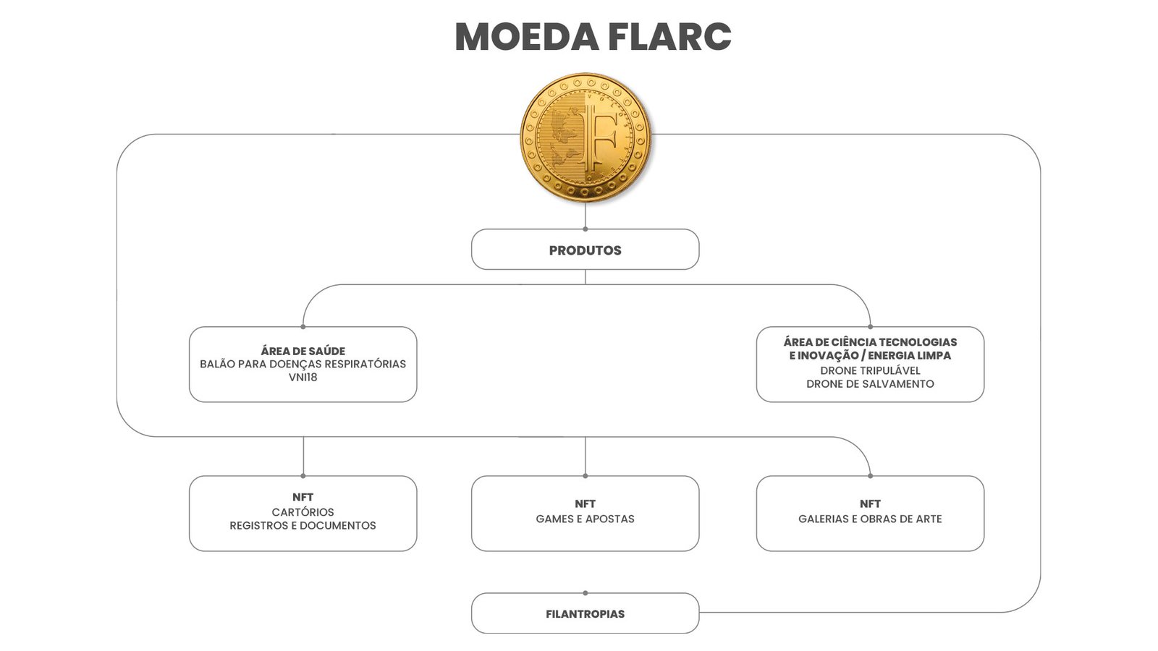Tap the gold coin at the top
pyautogui.click(x=586, y=137)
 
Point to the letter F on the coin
pyautogui.click(x=599, y=137)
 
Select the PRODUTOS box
pyautogui.click(x=585, y=250)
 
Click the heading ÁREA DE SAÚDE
pyautogui.click(x=303, y=351)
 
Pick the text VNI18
pyautogui.click(x=303, y=378)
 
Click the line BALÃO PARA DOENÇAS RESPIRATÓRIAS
pyautogui.click(x=303, y=364)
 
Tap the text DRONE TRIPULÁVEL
pyautogui.click(x=870, y=370)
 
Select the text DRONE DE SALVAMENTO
pyautogui.click(x=870, y=384)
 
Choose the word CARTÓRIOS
pyautogui.click(x=303, y=512)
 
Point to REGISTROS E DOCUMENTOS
pyautogui.click(x=303, y=526)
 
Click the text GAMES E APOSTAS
pyautogui.click(x=585, y=519)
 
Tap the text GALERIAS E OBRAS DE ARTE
pyautogui.click(x=870, y=519)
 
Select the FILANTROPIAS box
pyautogui.click(x=585, y=613)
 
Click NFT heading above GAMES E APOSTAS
pyautogui.click(x=585, y=503)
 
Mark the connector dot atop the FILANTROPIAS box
pyautogui.click(x=585, y=593)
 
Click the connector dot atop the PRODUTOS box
pyautogui.click(x=585, y=229)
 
